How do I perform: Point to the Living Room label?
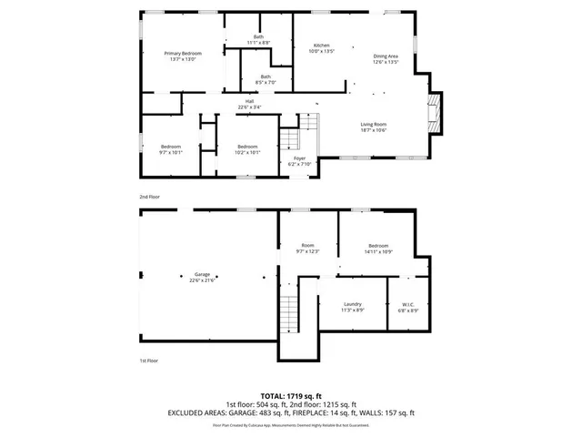tap(374, 127)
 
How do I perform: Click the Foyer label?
tap(299, 160)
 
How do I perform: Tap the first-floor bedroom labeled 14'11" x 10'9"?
tap(379, 249)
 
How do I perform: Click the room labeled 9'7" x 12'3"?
tap(307, 249)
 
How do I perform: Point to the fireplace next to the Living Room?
tap(435, 113)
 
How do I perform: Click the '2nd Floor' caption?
tap(150, 196)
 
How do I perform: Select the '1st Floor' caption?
tap(150, 361)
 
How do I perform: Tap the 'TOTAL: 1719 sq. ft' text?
tap(291, 397)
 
